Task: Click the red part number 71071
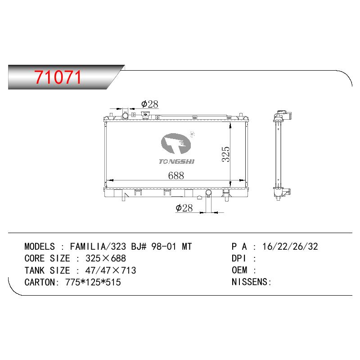pos(58,77)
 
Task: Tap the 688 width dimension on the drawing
pos(176,175)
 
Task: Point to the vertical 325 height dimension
pos(226,154)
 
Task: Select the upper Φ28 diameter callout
pos(150,104)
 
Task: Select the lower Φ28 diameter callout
pos(184,208)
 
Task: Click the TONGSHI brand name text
pos(176,162)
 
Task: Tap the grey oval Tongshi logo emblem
pos(176,144)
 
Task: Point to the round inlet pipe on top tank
pos(126,115)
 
